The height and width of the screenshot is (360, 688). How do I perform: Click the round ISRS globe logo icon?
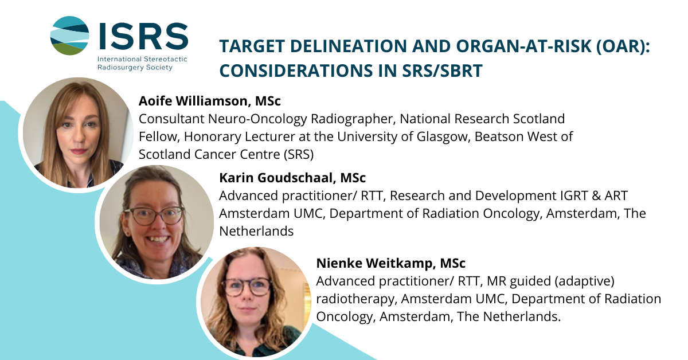pyautogui.click(x=69, y=36)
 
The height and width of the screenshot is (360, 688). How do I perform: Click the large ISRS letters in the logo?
pyautogui.click(x=143, y=36)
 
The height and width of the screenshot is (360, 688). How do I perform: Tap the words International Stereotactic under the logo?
pyautogui.click(x=142, y=59)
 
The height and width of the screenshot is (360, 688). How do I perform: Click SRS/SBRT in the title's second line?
pyautogui.click(x=442, y=71)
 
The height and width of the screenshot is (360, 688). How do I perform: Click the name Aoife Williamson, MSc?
pyautogui.click(x=209, y=101)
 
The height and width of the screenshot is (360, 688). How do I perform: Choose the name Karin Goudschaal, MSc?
pyautogui.click(x=292, y=178)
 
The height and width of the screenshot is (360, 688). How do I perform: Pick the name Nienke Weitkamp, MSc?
pyautogui.click(x=390, y=263)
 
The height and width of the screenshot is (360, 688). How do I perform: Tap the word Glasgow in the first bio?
pyautogui.click(x=443, y=137)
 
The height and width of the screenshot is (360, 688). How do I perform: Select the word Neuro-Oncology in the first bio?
pyautogui.click(x=257, y=119)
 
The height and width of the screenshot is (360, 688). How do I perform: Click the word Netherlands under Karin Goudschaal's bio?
pyautogui.click(x=256, y=231)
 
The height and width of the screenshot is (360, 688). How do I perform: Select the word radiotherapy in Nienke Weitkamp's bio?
pyautogui.click(x=355, y=299)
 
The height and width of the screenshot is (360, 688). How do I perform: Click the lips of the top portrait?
pyautogui.click(x=79, y=151)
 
